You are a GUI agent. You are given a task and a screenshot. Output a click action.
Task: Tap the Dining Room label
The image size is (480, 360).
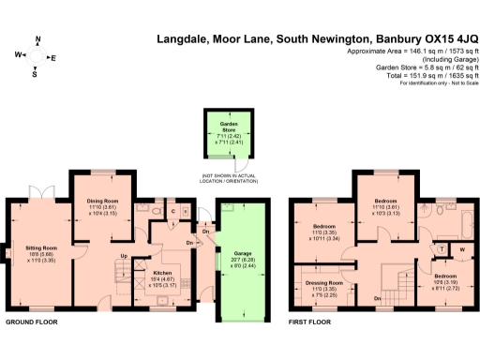pyautogui.click(x=104, y=202)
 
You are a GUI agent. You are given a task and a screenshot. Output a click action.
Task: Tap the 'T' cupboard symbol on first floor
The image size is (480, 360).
pyautogui.click(x=441, y=249)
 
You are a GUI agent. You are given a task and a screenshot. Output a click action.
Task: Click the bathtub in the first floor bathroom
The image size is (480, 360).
pyautogui.click(x=462, y=218)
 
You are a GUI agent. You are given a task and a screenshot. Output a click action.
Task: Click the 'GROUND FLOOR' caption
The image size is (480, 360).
pyautogui.click(x=32, y=322)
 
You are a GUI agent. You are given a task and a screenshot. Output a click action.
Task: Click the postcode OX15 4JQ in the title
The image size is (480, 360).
pyautogui.click(x=440, y=39)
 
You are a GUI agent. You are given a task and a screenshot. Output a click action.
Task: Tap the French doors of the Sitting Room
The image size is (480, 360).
pyautogui.click(x=40, y=194)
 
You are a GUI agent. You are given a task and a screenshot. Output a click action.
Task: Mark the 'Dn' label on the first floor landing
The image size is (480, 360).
pyautogui.click(x=375, y=298)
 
